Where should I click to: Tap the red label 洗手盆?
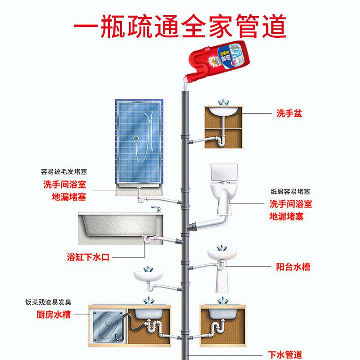point(289,113)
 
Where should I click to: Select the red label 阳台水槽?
point(293,267)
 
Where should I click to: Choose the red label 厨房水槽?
point(54,315)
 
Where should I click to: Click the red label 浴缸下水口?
point(88,258)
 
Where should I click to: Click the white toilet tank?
point(224,173)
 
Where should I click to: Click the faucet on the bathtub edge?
point(156,209)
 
